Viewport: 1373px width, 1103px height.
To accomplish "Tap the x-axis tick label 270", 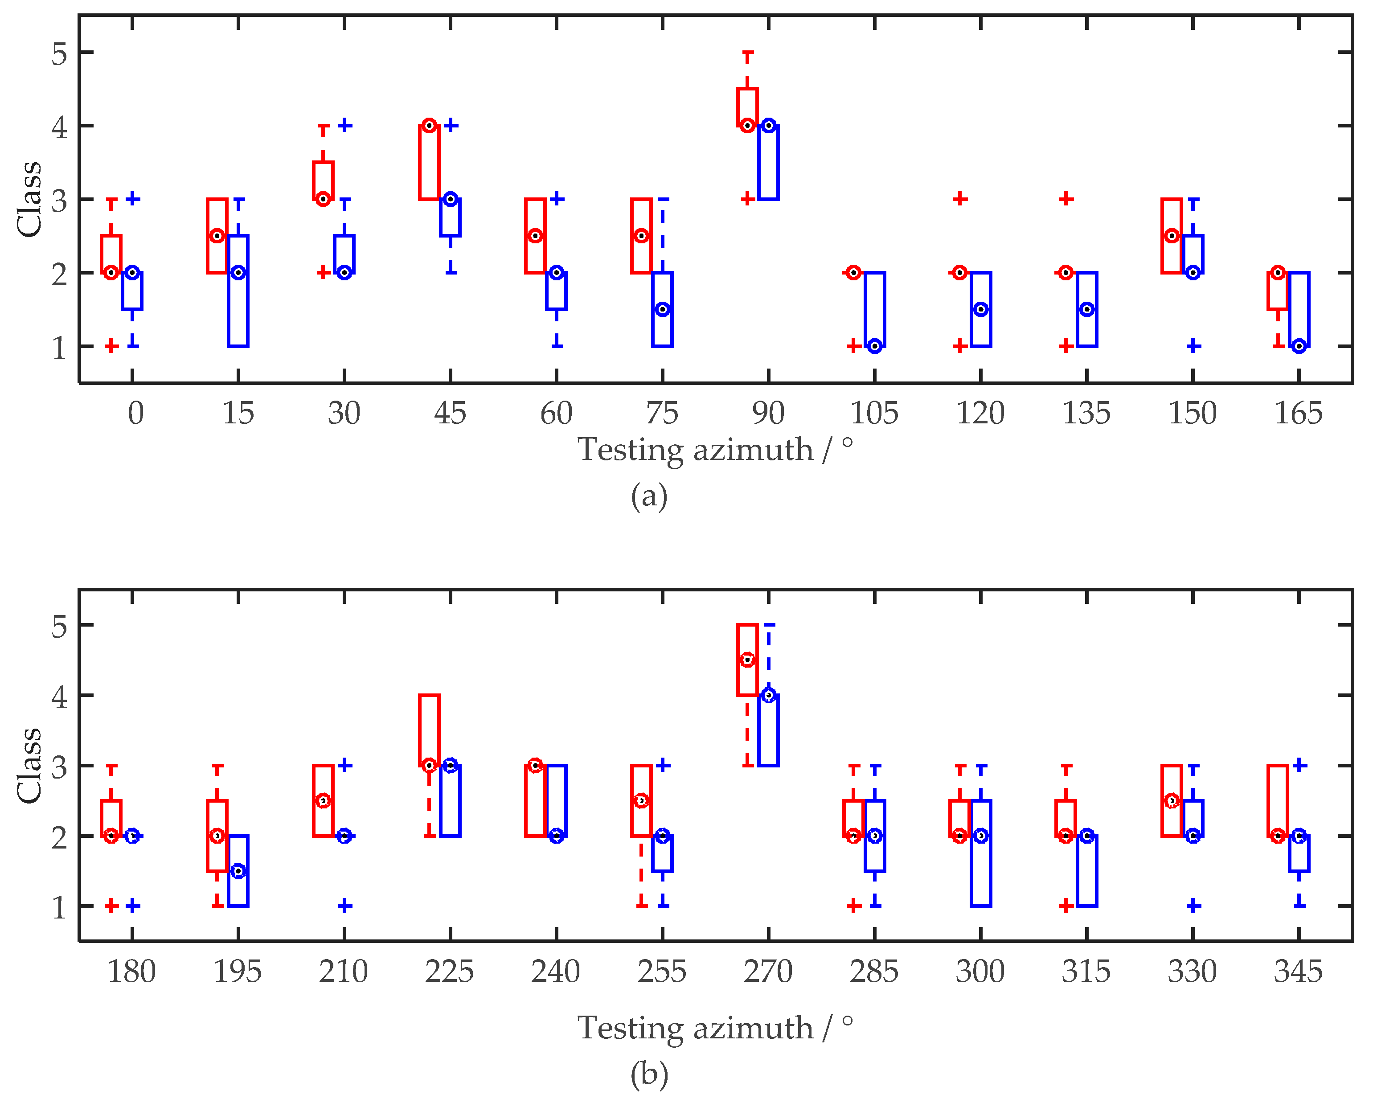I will pyautogui.click(x=768, y=972).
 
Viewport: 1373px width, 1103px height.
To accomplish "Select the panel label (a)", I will pyautogui.click(x=649, y=496).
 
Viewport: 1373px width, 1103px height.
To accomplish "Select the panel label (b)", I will pyautogui.click(x=649, y=1074).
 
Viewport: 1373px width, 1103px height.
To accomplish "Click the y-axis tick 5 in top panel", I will pyautogui.click(x=59, y=53).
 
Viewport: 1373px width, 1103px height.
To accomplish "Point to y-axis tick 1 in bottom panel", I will pyautogui.click(x=59, y=907).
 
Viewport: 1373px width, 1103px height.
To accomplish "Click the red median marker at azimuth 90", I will pyautogui.click(x=748, y=126).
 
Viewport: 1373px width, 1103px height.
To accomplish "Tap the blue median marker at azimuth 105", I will pyautogui.click(x=875, y=346).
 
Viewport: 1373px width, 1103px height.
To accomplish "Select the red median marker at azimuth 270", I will pyautogui.click(x=748, y=660).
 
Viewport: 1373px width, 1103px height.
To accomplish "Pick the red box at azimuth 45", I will pyautogui.click(x=429, y=162).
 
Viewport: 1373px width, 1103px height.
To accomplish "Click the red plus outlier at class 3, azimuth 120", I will pyautogui.click(x=960, y=199).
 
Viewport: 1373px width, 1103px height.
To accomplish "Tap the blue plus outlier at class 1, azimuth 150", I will pyautogui.click(x=1193, y=346).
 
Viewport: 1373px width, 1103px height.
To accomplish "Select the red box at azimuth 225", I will pyautogui.click(x=429, y=730).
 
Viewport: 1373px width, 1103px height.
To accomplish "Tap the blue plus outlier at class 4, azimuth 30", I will pyautogui.click(x=344, y=126).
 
